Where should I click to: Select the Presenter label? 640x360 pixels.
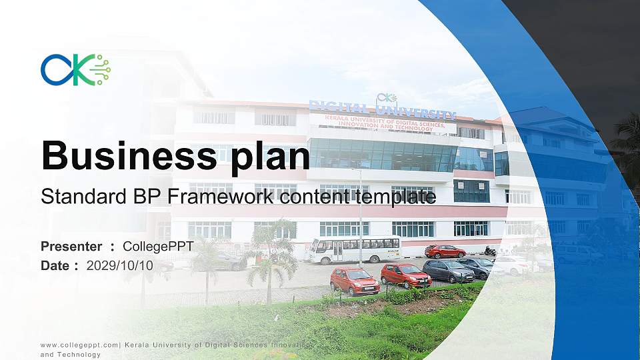(71, 247)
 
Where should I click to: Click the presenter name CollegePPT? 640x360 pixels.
(158, 247)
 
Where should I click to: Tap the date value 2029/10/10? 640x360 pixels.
(120, 265)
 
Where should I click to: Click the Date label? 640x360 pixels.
(55, 265)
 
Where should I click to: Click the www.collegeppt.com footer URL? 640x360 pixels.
(79, 345)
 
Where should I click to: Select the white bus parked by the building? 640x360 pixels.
(354, 250)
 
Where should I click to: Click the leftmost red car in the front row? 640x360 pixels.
(355, 281)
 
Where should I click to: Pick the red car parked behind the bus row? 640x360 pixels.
(445, 251)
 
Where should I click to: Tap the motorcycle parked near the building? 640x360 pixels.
(490, 251)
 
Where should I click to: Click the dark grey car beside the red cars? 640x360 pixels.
(448, 271)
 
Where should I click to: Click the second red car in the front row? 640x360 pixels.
(405, 275)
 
